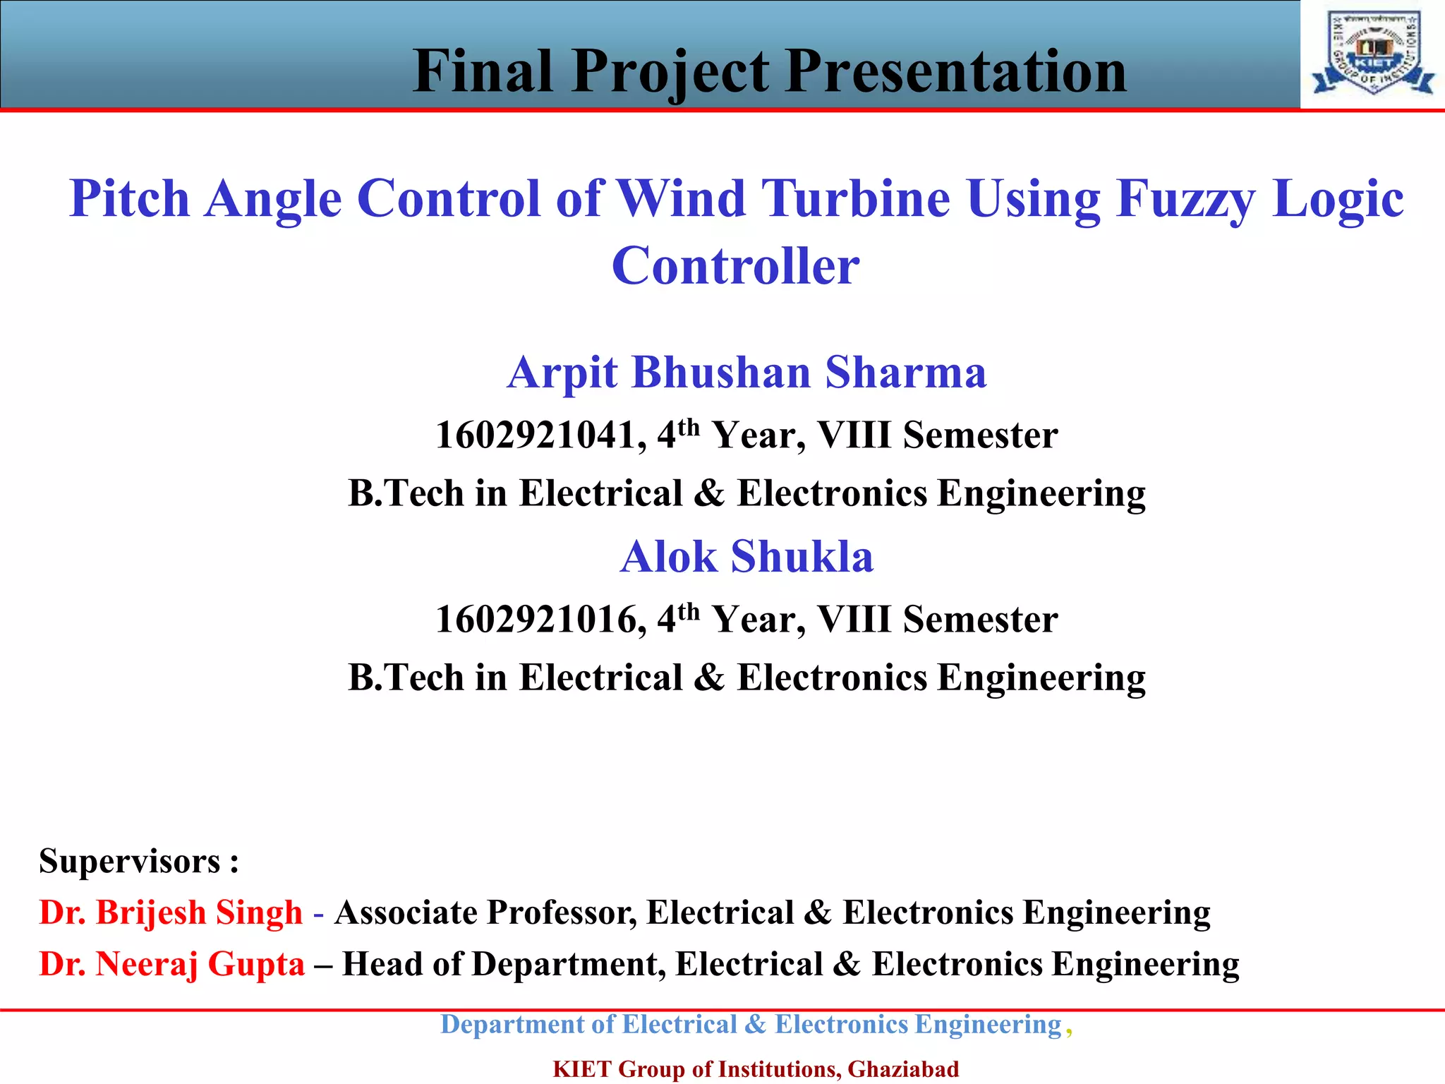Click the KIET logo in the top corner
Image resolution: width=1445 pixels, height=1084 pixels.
pos(1373,54)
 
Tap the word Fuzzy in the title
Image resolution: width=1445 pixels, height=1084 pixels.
pos(1186,199)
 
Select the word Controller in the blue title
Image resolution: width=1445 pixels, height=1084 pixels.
pos(735,267)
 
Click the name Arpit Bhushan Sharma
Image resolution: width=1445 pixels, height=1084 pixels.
pos(746,373)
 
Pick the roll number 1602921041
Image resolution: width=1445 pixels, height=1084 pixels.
pos(540,435)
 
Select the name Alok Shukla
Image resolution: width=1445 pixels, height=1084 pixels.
pos(746,557)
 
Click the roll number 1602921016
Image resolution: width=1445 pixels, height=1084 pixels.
pos(540,620)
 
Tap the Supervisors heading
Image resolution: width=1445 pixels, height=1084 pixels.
pos(139,862)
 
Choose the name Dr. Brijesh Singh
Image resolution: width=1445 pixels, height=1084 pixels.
pos(171,913)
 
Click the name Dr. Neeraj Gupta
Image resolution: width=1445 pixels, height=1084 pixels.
pos(171,964)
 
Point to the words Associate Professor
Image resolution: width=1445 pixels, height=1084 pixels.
pos(485,913)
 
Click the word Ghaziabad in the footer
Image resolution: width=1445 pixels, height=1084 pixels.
pos(903,1069)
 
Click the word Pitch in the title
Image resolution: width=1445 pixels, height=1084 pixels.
pos(130,198)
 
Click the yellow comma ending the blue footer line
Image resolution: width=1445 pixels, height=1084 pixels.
pos(1070,1030)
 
